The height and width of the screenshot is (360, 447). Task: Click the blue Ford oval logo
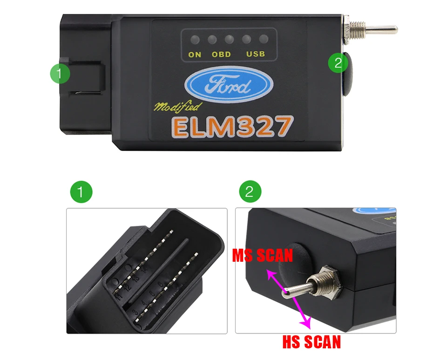tap(229, 85)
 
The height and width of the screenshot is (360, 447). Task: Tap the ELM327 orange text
tap(232, 126)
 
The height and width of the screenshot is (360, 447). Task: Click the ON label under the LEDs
tap(195, 54)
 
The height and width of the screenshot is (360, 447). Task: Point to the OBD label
tap(221, 54)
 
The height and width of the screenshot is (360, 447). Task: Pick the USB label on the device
tap(256, 54)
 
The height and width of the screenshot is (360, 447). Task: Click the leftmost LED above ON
tap(195, 40)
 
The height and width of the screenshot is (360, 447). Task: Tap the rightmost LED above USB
tap(264, 40)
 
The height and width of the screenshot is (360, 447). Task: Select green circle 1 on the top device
tap(61, 73)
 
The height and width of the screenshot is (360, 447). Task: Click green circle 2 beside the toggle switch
tap(338, 63)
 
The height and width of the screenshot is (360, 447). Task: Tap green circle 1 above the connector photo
tap(81, 192)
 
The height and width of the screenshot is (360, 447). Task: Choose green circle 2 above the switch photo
tap(250, 192)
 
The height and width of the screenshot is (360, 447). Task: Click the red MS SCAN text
tap(263, 255)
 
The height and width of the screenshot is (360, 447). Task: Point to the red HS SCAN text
tap(312, 342)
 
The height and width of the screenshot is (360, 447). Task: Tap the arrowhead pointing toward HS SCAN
tap(306, 323)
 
